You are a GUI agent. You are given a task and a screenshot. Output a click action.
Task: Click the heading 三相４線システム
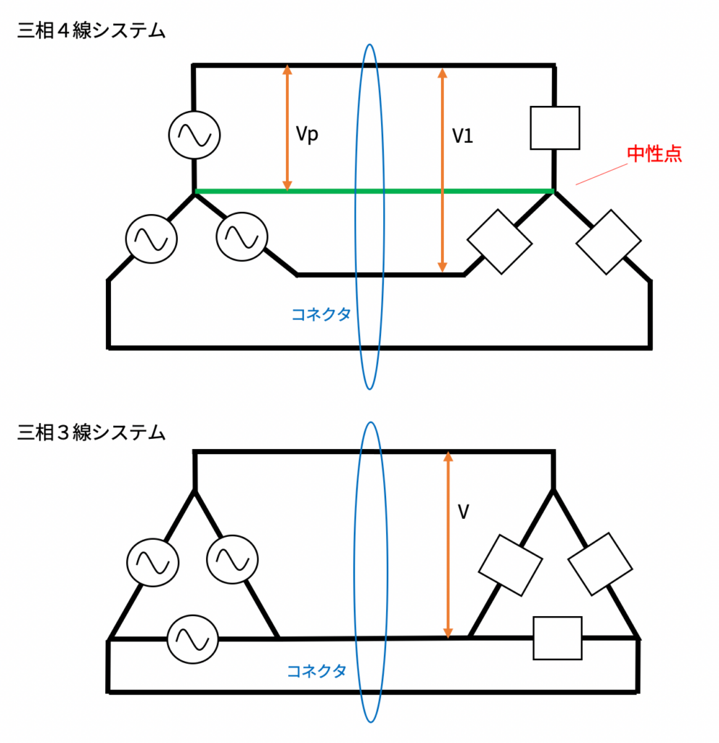(x=91, y=33)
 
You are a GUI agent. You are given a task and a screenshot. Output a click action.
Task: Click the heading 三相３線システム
(x=91, y=433)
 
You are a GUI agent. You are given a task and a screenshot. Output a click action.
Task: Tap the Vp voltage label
(x=307, y=135)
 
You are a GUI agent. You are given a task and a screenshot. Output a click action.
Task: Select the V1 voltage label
(x=462, y=136)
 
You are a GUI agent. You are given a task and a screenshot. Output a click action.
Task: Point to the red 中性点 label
(x=654, y=154)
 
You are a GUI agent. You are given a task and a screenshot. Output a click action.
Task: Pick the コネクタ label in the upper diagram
(x=321, y=314)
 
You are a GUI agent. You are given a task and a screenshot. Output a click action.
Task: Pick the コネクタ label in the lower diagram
(x=316, y=671)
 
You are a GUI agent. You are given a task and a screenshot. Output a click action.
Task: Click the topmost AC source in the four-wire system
(x=194, y=135)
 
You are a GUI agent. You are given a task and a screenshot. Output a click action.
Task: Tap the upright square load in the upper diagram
(x=555, y=128)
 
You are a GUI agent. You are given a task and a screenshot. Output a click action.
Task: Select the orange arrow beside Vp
(x=287, y=128)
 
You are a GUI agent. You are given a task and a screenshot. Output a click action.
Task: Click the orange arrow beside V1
(x=442, y=170)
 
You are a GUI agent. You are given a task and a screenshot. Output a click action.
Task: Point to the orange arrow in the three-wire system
(x=448, y=544)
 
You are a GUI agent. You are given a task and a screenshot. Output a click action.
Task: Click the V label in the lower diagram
(x=464, y=512)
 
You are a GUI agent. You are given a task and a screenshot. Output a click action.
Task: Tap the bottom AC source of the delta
(x=192, y=639)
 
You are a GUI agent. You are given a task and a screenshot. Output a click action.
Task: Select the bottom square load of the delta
(x=557, y=638)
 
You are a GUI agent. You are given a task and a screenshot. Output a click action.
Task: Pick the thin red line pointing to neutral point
(x=602, y=173)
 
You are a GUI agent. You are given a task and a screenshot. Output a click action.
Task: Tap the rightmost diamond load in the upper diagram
(x=608, y=242)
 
